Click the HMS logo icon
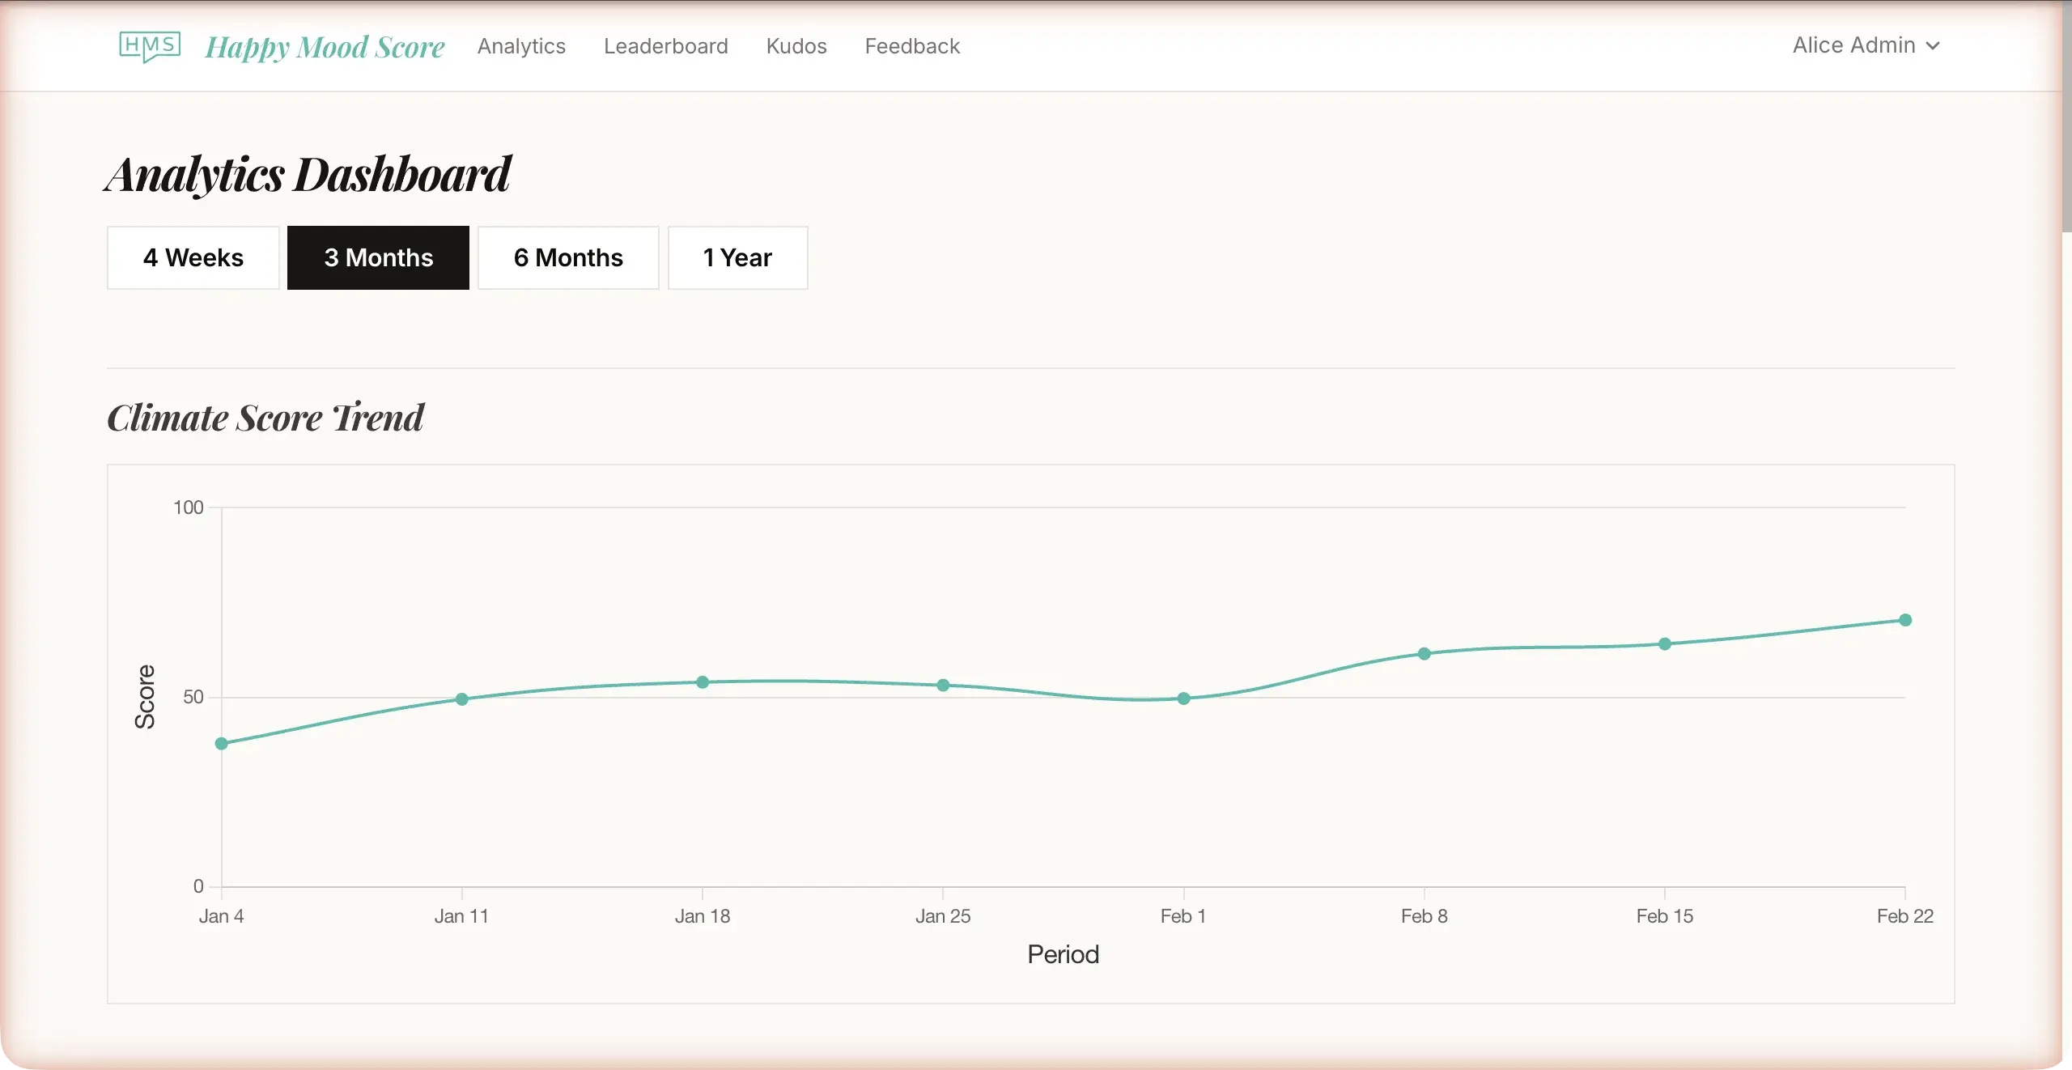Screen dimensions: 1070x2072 tap(150, 46)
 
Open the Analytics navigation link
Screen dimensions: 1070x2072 tap(521, 46)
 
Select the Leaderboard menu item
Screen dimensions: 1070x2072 tap(665, 46)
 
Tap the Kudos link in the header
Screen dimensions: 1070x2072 tap(796, 46)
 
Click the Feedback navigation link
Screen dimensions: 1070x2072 tap(912, 46)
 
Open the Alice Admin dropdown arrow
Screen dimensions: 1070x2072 tap(1933, 46)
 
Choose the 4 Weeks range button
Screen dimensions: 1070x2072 tap(193, 257)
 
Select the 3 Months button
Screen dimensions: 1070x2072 tap(378, 257)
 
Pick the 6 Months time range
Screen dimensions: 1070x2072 tap(568, 257)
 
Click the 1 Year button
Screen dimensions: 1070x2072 tap(737, 257)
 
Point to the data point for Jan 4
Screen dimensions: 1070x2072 tap(222, 743)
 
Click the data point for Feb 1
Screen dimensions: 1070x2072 tap(1183, 698)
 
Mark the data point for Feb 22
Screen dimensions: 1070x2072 tap(1905, 620)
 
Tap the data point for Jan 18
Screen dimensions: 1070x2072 tap(703, 682)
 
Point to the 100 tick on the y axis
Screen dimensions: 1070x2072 tap(189, 507)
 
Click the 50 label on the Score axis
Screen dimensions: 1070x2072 tap(193, 697)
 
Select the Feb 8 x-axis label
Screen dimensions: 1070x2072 tap(1424, 916)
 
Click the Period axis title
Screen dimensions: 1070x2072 tap(1063, 954)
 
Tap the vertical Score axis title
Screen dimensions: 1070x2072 tap(145, 697)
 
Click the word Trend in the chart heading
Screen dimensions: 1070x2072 tap(379, 418)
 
